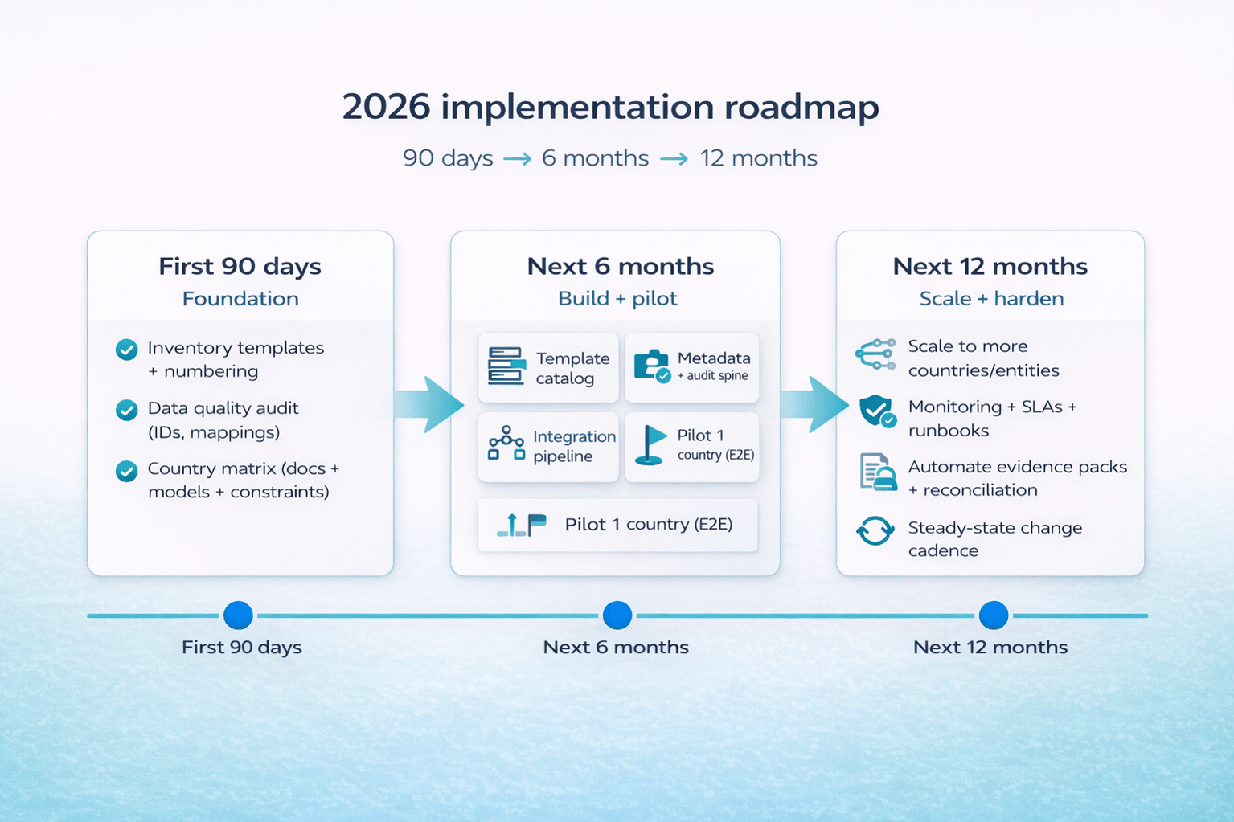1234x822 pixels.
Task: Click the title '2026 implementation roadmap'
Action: click(610, 108)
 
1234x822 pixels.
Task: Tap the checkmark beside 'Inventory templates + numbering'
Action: click(127, 350)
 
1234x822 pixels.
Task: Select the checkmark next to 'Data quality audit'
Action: click(127, 410)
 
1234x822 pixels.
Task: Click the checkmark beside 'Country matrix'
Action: click(127, 471)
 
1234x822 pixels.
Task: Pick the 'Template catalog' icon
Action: click(506, 366)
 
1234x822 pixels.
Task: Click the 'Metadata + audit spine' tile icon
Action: click(652, 366)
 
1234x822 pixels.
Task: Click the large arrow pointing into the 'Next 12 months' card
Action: click(815, 405)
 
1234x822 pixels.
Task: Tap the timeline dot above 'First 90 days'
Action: click(239, 615)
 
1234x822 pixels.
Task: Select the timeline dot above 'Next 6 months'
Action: click(617, 615)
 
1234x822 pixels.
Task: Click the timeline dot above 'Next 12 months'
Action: click(994, 615)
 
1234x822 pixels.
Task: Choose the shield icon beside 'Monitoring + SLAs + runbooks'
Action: click(877, 411)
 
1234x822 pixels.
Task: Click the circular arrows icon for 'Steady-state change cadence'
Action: click(875, 531)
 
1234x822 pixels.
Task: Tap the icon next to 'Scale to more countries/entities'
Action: click(876, 354)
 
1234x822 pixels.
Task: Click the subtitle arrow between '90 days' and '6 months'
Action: click(517, 159)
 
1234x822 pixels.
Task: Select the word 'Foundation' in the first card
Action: click(240, 298)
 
